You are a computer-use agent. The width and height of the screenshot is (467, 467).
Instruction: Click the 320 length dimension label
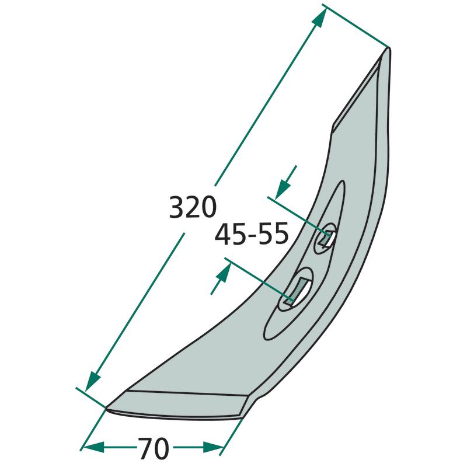(x=193, y=207)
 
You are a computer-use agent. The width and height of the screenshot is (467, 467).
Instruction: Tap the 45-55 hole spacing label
(x=252, y=234)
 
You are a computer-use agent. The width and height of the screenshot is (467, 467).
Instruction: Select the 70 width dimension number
(x=153, y=448)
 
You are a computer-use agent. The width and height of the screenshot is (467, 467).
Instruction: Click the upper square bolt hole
(x=327, y=238)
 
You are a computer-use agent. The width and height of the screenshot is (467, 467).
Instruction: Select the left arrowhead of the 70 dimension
(x=94, y=447)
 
